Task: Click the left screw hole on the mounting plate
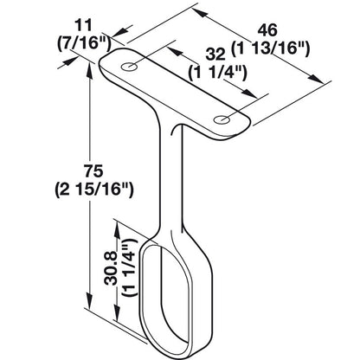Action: tap(131, 67)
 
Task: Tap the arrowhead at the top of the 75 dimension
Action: tap(87, 69)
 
